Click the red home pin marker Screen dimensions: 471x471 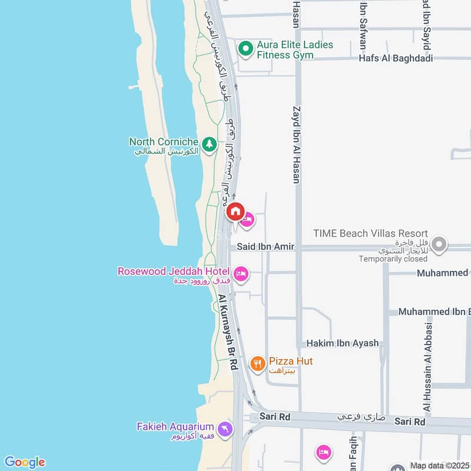click(x=235, y=211)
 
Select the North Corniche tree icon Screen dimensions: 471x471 click(x=208, y=143)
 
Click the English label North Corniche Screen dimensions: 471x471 click(x=164, y=141)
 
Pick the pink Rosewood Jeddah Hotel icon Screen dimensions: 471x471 click(x=241, y=274)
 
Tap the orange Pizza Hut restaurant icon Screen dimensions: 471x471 click(x=257, y=364)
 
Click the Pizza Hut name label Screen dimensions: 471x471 click(x=291, y=361)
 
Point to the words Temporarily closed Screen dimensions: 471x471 click(x=393, y=258)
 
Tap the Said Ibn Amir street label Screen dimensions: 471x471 click(x=266, y=247)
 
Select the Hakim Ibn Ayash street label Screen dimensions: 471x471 click(x=342, y=343)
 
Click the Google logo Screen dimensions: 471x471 click(x=24, y=462)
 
